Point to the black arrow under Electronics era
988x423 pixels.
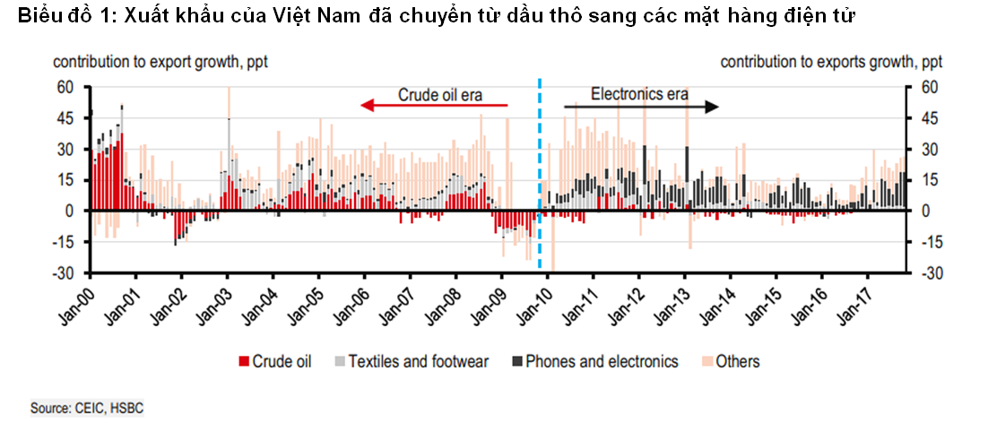tap(641, 107)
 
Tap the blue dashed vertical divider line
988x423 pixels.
tap(539, 179)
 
